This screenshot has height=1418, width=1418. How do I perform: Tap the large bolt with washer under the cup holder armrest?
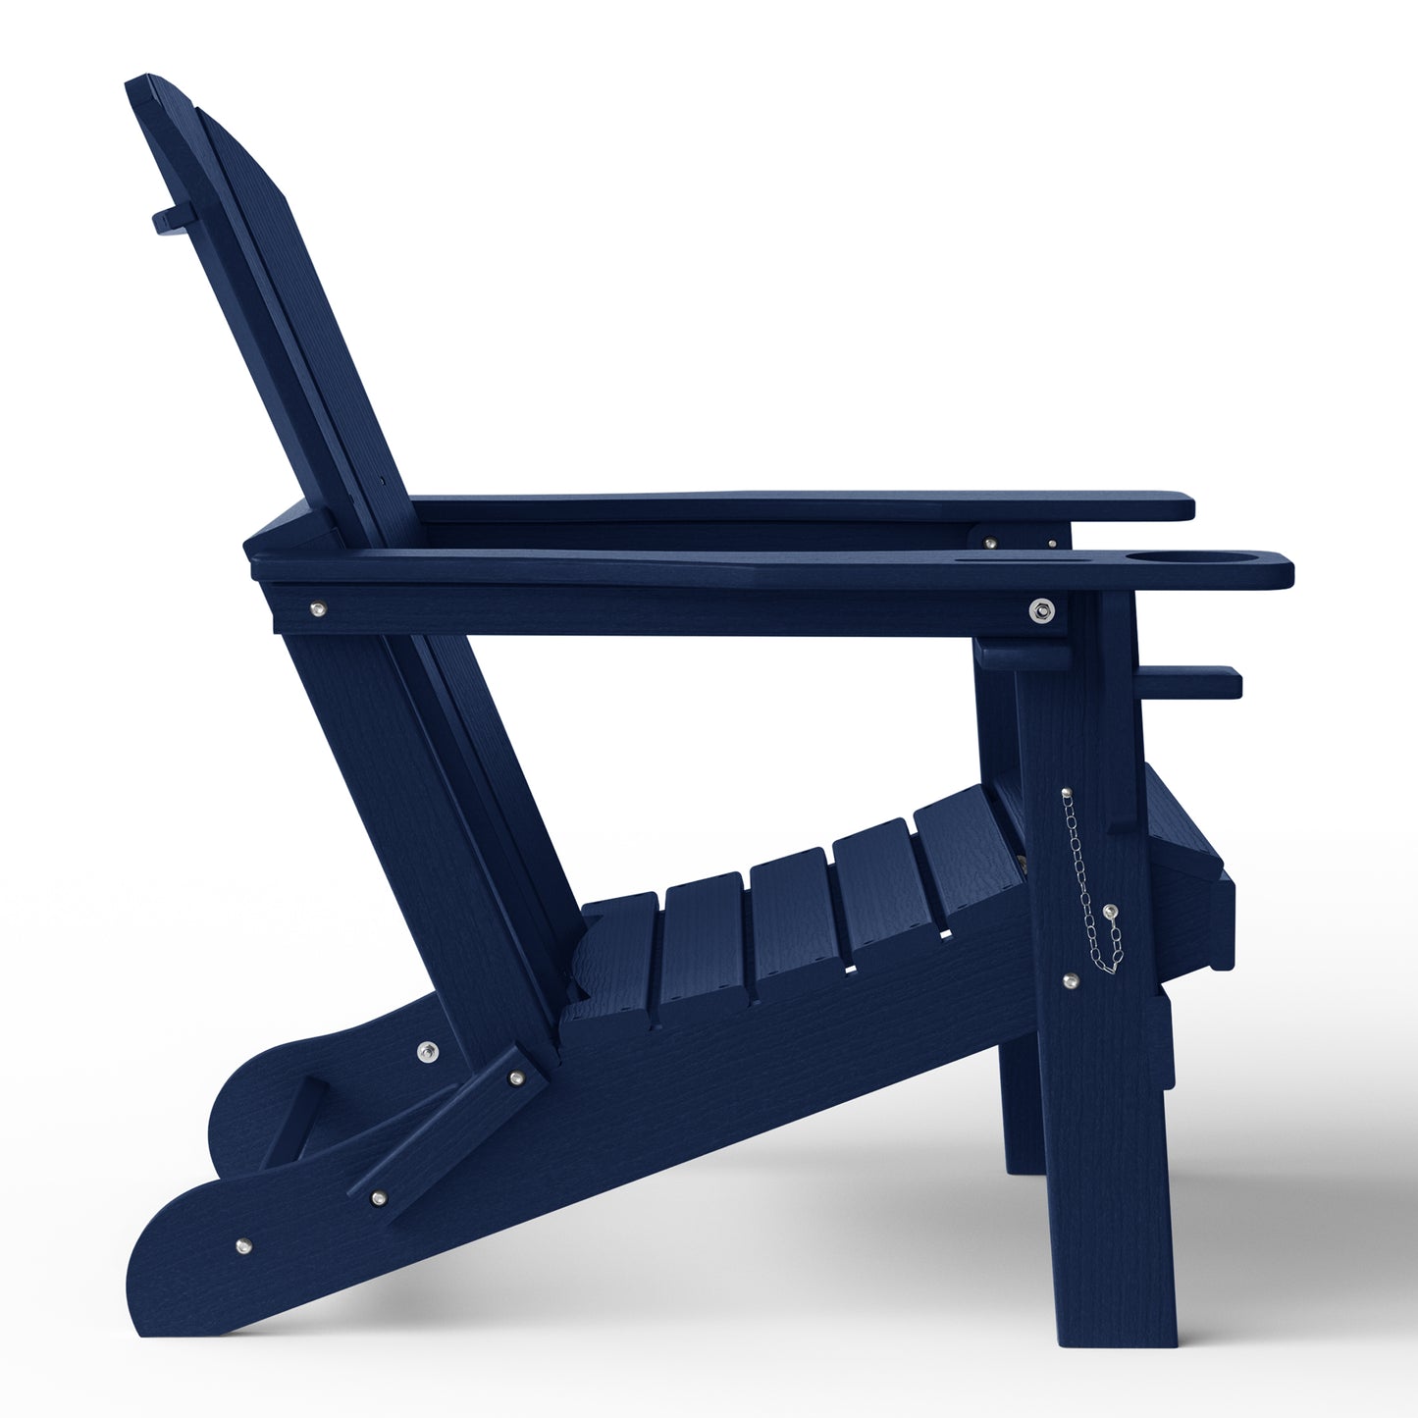coord(1041,609)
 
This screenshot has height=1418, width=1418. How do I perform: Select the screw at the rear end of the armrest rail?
coord(316,610)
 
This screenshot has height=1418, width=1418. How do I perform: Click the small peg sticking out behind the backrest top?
coord(165,218)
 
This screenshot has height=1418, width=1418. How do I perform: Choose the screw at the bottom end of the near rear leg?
coord(242,1246)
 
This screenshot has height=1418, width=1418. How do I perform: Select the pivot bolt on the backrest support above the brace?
coord(426,1053)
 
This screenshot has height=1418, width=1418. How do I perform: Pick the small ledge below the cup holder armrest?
coord(1193,681)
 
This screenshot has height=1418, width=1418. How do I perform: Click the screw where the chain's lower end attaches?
coord(1109,912)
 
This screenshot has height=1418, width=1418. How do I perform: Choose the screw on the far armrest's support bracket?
coord(989,542)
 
